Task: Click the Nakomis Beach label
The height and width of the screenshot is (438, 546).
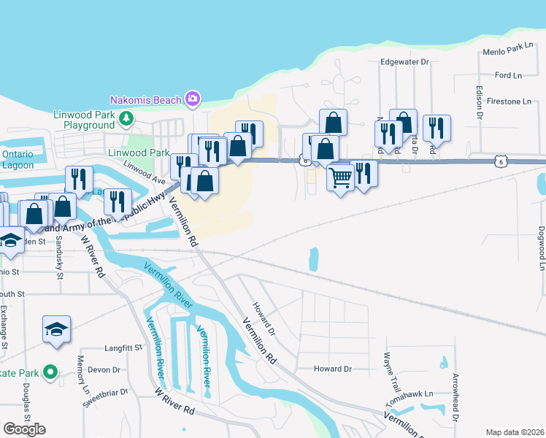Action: click(145, 99)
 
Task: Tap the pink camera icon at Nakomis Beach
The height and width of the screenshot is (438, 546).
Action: click(193, 99)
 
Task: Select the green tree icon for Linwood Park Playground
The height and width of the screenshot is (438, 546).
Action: click(127, 118)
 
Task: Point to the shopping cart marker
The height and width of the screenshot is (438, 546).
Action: click(340, 177)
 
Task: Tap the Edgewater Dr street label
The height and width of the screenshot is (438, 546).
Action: click(404, 62)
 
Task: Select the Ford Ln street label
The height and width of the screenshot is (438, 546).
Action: click(508, 75)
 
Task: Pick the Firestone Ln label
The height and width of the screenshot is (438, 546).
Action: click(503, 101)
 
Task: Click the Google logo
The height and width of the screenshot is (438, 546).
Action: click(24, 429)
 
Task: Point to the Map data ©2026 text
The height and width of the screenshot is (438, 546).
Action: click(515, 432)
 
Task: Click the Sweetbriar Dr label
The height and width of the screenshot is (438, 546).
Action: click(104, 398)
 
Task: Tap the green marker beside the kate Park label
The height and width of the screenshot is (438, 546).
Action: click(50, 373)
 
